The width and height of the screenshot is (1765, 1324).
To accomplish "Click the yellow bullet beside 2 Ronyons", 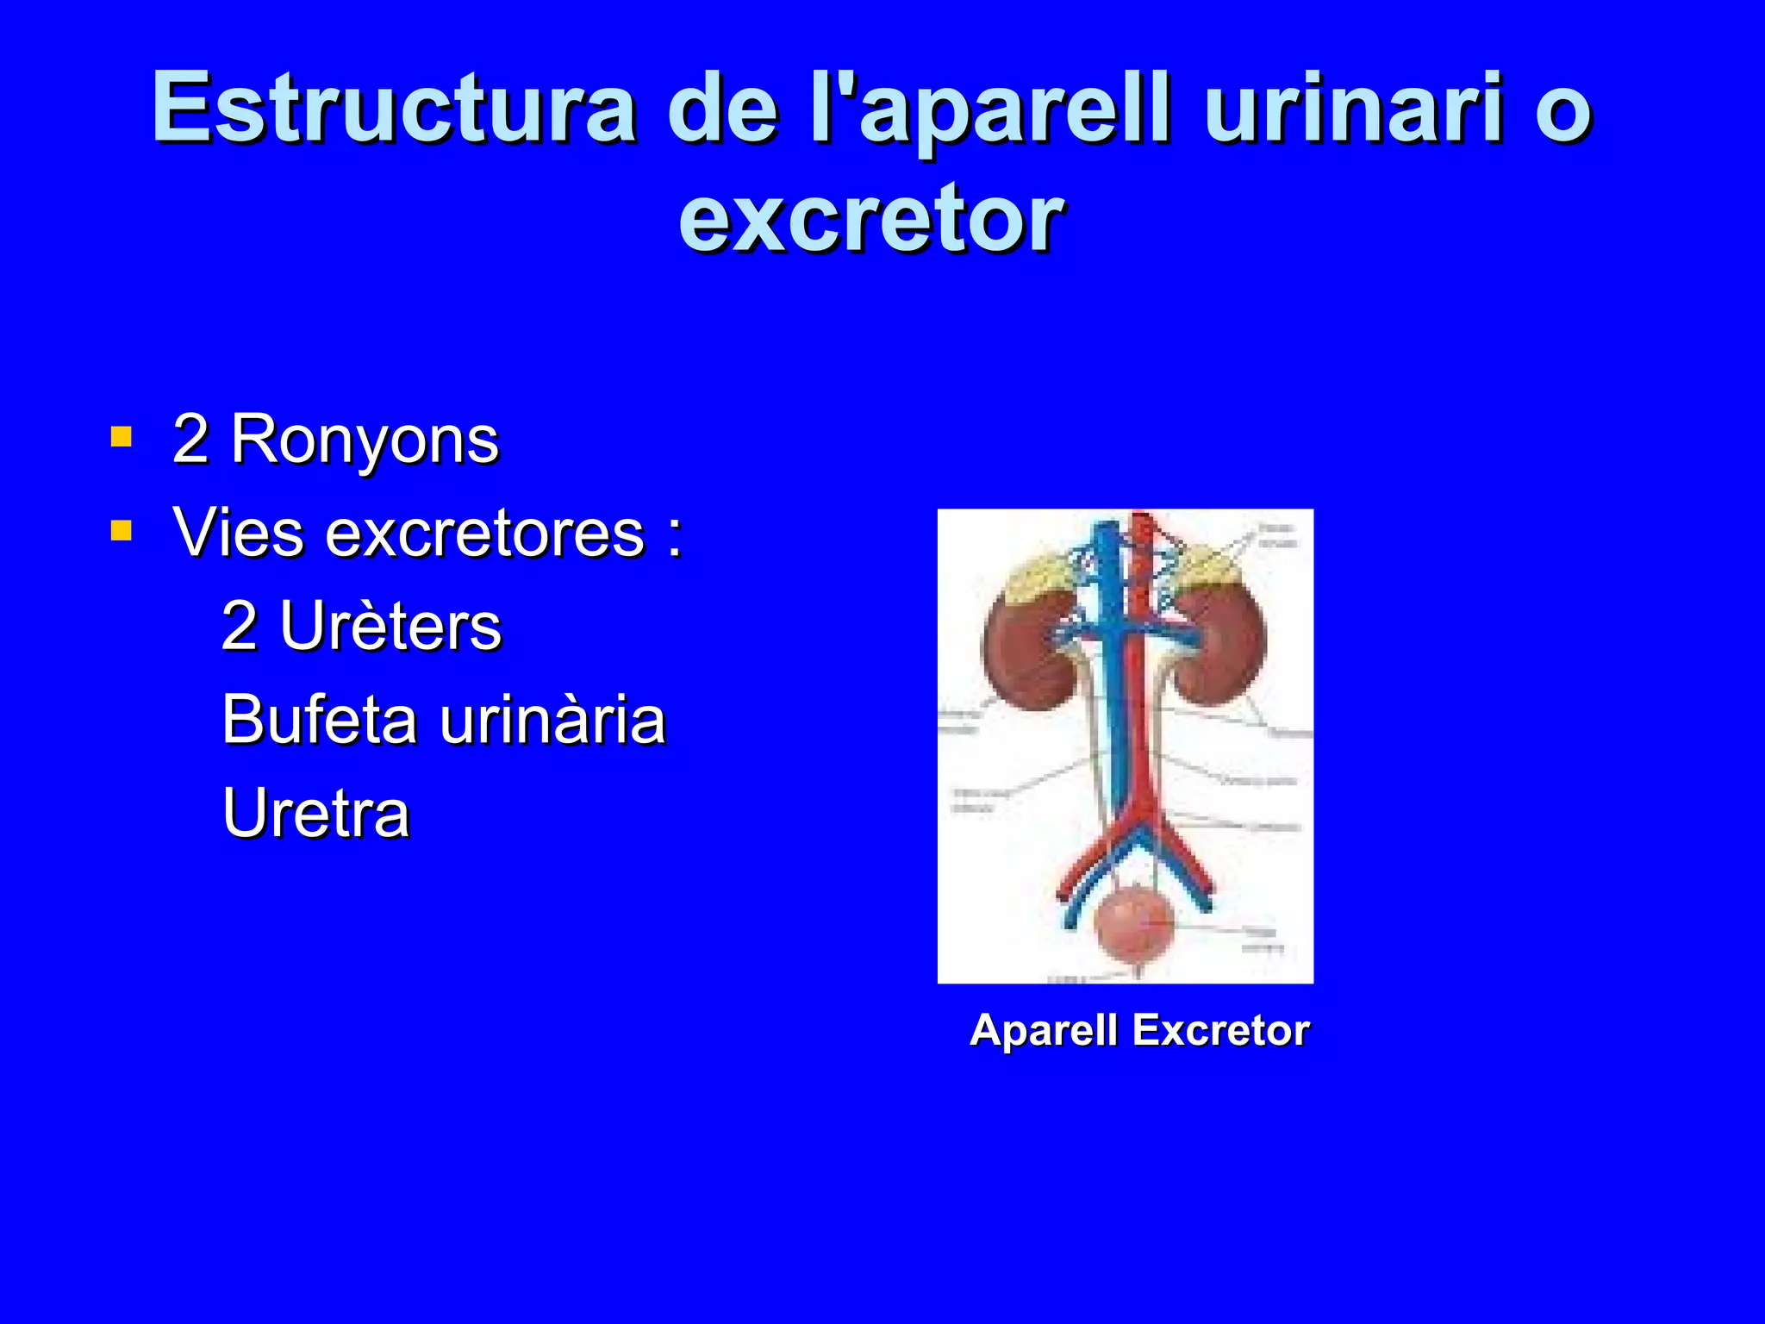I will click(122, 437).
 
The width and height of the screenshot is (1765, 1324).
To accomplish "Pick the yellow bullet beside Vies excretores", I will click(122, 530).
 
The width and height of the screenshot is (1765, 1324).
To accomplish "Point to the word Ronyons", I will click(365, 440).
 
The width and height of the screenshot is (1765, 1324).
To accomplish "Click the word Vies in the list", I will click(238, 533).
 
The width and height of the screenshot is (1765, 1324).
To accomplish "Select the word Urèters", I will click(390, 626).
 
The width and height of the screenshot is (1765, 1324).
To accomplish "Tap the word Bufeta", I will click(321, 719).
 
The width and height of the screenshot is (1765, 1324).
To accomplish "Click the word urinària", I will click(552, 719).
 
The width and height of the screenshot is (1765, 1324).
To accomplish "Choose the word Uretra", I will click(315, 812).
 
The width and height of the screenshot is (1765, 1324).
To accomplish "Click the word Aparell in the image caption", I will click(1044, 1030).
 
